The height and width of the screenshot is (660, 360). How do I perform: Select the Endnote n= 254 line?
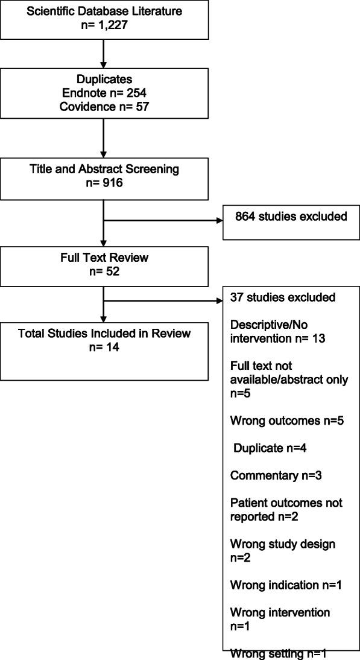coord(104,94)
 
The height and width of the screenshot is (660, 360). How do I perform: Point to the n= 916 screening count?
coord(104,183)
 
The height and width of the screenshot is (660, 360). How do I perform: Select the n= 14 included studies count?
coord(104,346)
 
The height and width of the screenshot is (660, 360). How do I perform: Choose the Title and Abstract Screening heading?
coord(104,170)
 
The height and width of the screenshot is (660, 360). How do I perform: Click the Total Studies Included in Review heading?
coord(104,334)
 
